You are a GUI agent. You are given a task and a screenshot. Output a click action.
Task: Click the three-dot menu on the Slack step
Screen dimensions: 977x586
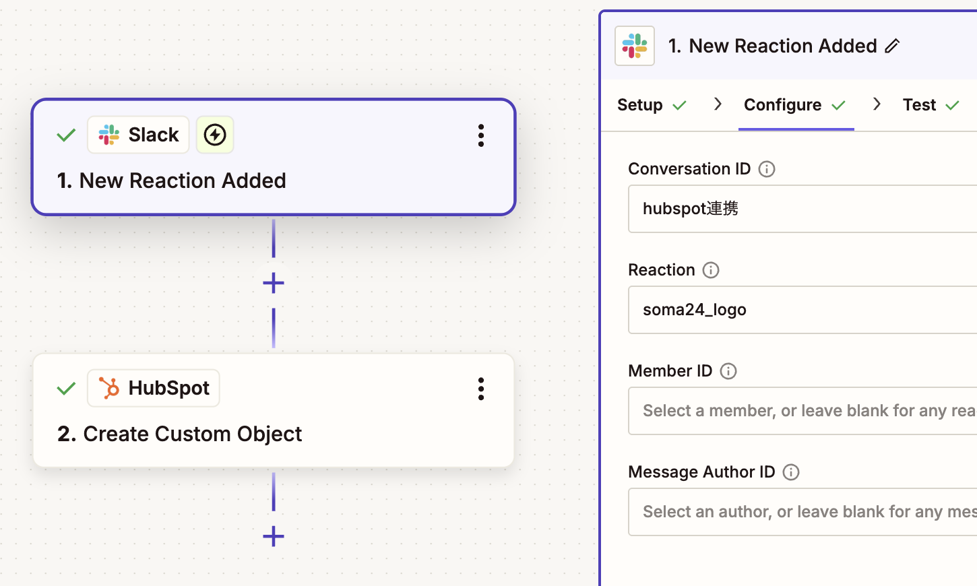(x=480, y=135)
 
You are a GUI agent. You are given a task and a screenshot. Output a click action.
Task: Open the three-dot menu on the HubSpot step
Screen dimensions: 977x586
(x=480, y=389)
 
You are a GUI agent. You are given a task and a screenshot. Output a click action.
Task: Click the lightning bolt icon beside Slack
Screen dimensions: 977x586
(x=214, y=135)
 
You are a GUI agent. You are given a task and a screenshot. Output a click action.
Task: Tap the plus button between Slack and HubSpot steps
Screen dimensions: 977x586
(x=274, y=283)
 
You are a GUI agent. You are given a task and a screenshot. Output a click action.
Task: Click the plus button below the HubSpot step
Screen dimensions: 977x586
(x=274, y=536)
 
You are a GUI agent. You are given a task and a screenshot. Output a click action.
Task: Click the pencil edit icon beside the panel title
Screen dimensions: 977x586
(x=892, y=46)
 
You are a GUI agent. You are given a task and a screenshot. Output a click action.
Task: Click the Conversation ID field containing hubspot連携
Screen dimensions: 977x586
(x=802, y=209)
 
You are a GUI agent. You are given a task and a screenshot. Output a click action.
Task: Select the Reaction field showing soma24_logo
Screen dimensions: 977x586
(x=802, y=310)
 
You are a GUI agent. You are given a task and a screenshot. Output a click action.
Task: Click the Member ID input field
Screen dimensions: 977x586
(x=802, y=411)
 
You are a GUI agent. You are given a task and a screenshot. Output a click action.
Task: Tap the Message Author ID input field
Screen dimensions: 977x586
(x=802, y=512)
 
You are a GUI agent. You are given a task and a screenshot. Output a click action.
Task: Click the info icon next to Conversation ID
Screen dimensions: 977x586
(x=766, y=169)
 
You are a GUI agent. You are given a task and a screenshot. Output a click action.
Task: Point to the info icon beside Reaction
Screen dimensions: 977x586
(x=710, y=270)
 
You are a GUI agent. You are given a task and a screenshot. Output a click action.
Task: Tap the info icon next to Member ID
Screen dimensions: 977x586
(x=728, y=371)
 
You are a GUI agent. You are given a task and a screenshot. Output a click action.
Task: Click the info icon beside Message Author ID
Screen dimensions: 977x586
(x=791, y=471)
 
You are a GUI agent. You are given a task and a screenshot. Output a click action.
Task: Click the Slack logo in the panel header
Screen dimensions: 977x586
(x=635, y=46)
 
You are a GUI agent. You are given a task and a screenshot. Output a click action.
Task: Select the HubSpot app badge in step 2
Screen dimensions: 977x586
(x=154, y=388)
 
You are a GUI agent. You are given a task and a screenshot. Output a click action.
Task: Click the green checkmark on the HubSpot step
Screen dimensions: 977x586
(x=66, y=388)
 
